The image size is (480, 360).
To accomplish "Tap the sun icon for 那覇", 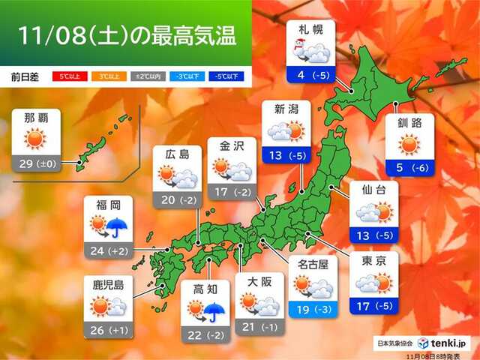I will pyautogui.click(x=35, y=139).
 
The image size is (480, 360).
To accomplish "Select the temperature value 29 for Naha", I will pyautogui.click(x=28, y=161).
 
